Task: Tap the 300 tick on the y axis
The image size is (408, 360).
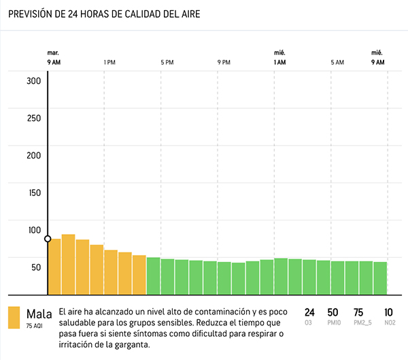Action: (x=34, y=81)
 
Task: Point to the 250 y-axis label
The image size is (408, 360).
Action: (x=34, y=118)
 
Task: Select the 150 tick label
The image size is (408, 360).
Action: (x=34, y=192)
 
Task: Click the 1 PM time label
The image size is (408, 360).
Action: (x=109, y=63)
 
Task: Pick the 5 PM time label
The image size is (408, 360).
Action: (x=167, y=63)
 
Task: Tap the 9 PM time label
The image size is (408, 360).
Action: (x=224, y=63)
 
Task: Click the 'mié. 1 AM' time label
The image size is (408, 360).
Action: (x=279, y=58)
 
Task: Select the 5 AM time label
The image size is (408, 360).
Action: (x=337, y=63)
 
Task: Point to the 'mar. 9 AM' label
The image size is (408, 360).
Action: (x=54, y=58)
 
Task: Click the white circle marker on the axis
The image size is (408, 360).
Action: (x=48, y=239)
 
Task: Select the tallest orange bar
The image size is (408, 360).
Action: (x=68, y=263)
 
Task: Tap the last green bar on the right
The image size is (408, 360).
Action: (x=380, y=277)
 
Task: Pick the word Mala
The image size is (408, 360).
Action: (x=39, y=314)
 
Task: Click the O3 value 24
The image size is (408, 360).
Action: (x=309, y=312)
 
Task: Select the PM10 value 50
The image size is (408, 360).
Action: (x=333, y=312)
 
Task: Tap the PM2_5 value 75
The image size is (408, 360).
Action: (x=358, y=312)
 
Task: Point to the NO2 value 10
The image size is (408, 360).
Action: (x=388, y=312)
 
